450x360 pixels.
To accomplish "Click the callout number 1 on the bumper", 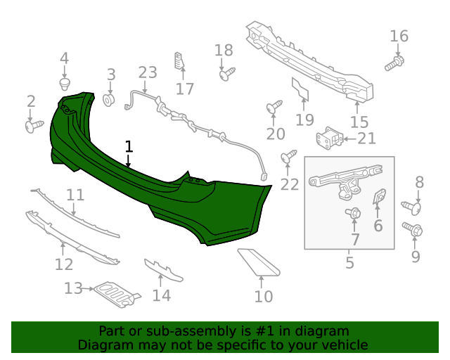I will tap(129, 146).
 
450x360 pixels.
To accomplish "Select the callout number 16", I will tap(399, 37).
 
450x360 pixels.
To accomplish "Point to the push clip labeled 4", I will tap(65, 85).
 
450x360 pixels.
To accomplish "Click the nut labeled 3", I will tap(110, 100).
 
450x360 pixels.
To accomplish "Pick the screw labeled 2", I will tap(33, 126).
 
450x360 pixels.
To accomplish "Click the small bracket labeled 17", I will tap(179, 62).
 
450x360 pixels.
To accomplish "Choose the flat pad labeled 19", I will tap(301, 93).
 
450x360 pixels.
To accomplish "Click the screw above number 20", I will tap(274, 107).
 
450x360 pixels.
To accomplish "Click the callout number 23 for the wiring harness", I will tap(148, 72).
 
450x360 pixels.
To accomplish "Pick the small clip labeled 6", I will tap(378, 198).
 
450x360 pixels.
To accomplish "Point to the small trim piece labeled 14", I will tap(163, 270).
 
